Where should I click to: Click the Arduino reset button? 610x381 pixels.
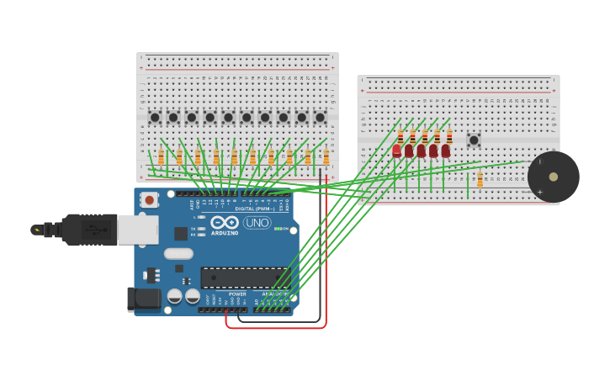149,199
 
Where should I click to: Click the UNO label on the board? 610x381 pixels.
257,223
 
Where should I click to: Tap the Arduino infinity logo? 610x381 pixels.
225,222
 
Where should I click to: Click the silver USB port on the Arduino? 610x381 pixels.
137,229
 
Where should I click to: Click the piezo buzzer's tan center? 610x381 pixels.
553,177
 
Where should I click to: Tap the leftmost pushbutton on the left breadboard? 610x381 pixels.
155,118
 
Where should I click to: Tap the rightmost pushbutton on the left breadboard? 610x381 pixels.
320,118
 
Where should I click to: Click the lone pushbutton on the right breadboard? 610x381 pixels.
474,140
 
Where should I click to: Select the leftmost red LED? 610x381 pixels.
397,151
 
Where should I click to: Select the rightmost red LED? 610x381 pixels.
446,151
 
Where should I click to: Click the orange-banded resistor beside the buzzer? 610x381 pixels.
480,179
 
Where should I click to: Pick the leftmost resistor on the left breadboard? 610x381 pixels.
161,156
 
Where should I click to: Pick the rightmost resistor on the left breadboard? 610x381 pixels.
326,156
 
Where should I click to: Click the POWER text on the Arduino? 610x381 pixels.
237,294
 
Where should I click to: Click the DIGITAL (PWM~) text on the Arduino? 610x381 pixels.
252,209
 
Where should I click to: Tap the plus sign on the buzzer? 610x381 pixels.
540,192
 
